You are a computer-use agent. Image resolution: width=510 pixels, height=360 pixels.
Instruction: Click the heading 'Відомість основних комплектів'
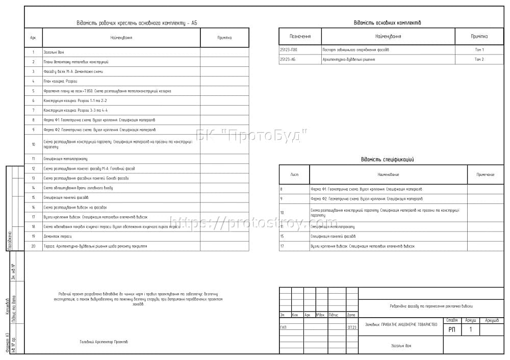click(387, 23)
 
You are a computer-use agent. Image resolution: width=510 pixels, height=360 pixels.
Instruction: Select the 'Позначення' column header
click(300, 36)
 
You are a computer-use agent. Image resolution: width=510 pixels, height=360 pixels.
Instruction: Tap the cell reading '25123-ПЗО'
click(289, 50)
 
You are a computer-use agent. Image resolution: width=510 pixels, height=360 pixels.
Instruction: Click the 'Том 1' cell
click(479, 50)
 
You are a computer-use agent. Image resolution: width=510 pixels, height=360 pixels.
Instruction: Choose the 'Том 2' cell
click(479, 60)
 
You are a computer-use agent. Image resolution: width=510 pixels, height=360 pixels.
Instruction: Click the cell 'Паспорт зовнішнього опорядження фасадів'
click(355, 50)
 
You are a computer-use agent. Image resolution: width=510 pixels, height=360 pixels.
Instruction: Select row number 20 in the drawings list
click(33, 246)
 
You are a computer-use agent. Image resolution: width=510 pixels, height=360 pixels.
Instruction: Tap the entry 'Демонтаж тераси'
click(58, 236)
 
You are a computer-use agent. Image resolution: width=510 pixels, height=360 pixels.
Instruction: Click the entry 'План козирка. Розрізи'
click(60, 81)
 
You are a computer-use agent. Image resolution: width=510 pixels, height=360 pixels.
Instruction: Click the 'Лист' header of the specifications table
click(294, 174)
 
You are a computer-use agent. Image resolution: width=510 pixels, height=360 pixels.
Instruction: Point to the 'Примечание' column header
click(486, 174)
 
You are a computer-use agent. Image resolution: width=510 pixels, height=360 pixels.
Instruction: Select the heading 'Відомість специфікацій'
click(387, 160)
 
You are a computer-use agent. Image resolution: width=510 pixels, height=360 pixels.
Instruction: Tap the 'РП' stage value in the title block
click(452, 330)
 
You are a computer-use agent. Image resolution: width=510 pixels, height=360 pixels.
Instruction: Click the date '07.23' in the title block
click(352, 327)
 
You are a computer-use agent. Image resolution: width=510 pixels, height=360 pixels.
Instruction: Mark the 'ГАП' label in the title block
click(283, 327)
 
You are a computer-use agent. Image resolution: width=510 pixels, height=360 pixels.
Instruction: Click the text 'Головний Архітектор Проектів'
click(104, 342)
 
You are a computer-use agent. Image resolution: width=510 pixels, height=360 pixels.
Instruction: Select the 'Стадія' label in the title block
click(452, 320)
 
